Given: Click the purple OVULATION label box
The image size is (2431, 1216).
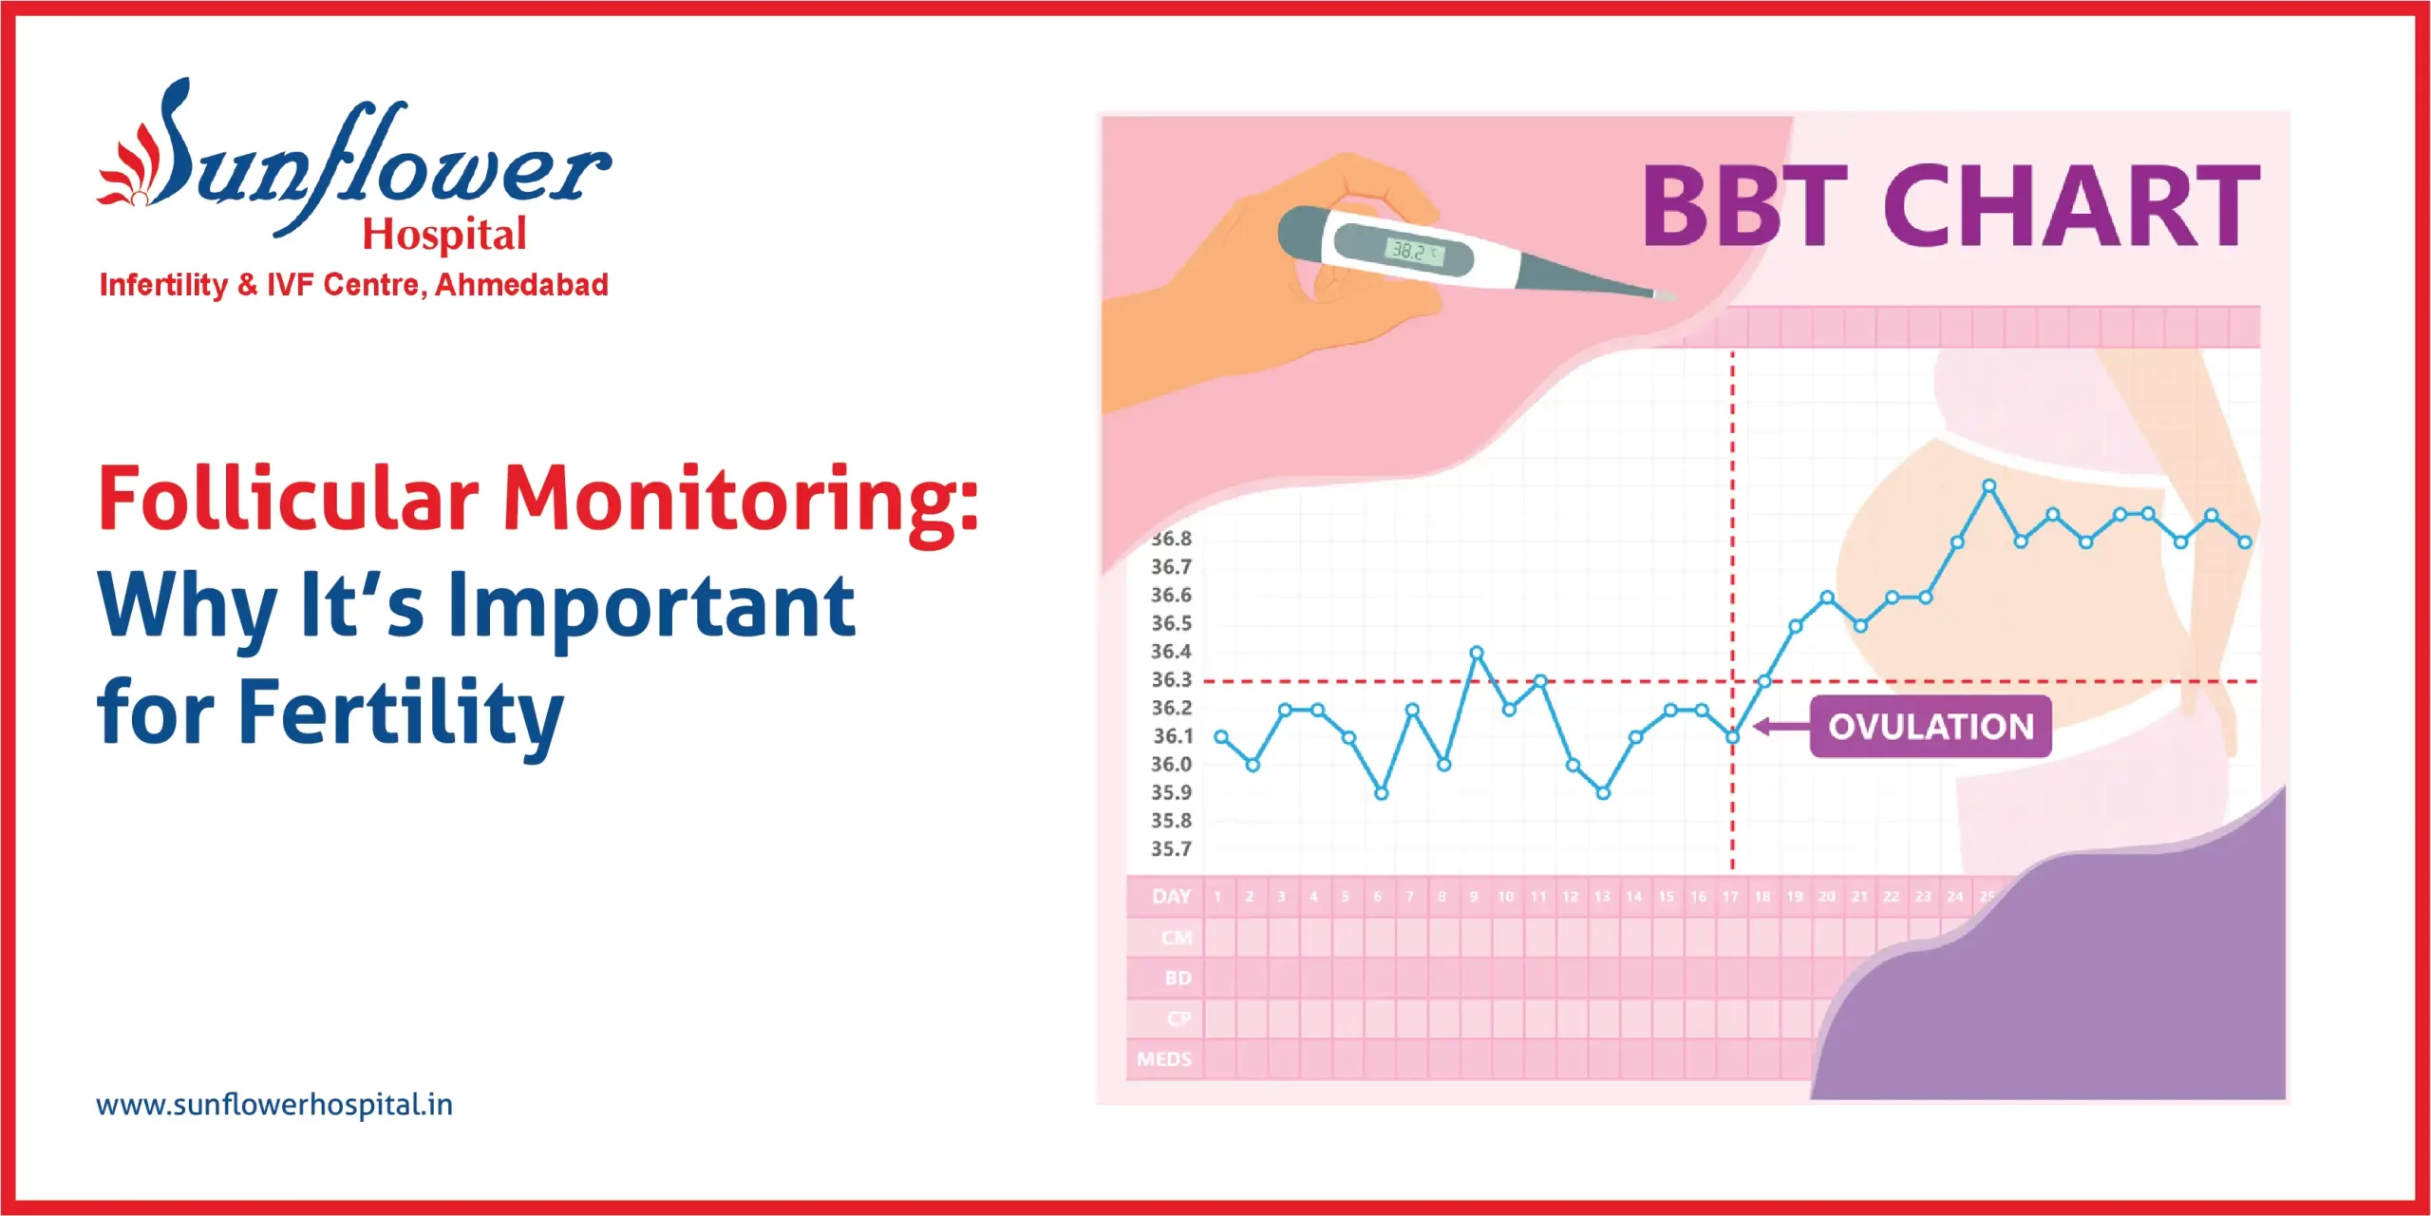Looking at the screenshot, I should click(x=1930, y=727).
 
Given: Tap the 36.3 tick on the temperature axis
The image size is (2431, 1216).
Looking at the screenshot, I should click(x=1171, y=680).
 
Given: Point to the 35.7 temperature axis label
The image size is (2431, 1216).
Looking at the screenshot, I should click(x=1171, y=849).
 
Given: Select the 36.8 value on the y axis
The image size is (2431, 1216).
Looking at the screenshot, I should click(x=1171, y=539).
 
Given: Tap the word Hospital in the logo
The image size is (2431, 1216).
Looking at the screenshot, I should click(x=443, y=235).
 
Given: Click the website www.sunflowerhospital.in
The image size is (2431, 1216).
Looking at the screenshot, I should click(x=274, y=1105).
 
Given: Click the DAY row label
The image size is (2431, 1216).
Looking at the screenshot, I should click(x=1171, y=897).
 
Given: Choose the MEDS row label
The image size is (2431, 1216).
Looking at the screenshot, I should click(x=1164, y=1059).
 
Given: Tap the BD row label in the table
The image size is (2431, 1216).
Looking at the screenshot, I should click(x=1178, y=978).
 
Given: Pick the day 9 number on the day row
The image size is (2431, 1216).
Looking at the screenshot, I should click(x=1474, y=897).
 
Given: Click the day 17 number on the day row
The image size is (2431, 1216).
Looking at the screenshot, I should click(x=1730, y=897).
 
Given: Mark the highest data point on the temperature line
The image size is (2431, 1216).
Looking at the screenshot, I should click(x=1988, y=486).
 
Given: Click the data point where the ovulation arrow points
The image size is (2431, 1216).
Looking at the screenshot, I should click(x=1732, y=737).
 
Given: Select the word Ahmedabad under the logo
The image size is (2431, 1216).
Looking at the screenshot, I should click(x=521, y=285).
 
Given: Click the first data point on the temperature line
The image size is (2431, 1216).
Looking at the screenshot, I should click(x=1221, y=737).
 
